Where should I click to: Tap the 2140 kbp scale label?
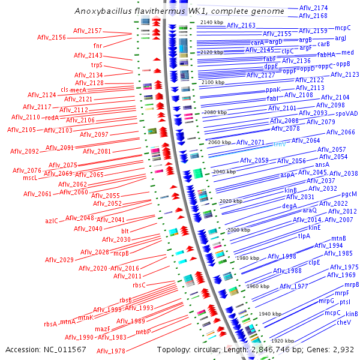[x=211, y=22]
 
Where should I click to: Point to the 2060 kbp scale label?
[x=219, y=143]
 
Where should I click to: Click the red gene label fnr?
[x=98, y=46]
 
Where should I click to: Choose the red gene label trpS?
[x=97, y=65]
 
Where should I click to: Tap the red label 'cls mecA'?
[x=74, y=89]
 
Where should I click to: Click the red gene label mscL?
[x=31, y=178]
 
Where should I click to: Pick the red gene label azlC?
[x=52, y=221]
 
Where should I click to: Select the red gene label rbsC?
[x=139, y=285]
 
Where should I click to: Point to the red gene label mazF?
[x=103, y=329]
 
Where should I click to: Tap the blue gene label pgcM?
[x=349, y=194]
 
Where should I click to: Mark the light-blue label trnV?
[x=280, y=145]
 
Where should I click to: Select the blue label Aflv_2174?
[x=313, y=8]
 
